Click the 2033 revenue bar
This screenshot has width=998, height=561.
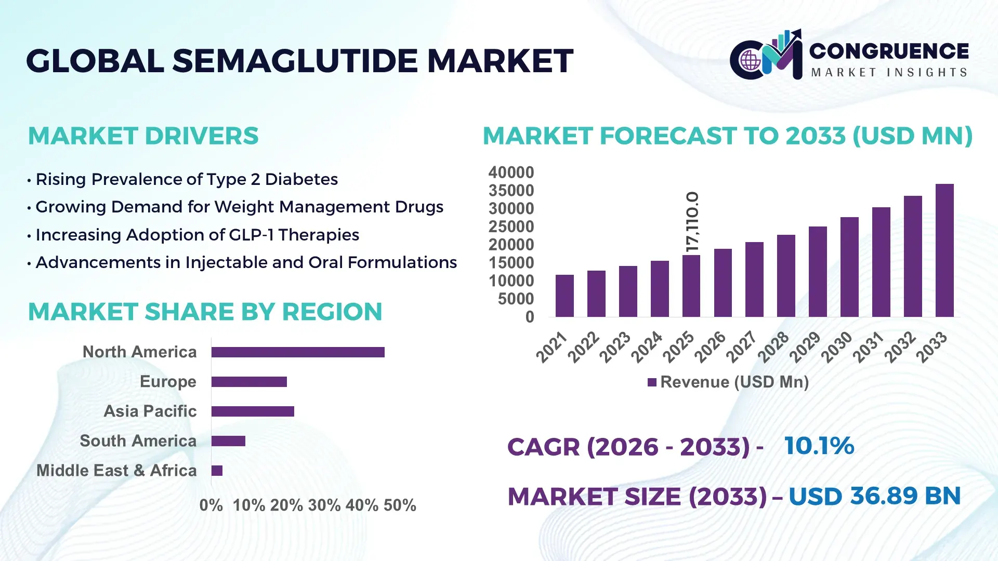point(944,250)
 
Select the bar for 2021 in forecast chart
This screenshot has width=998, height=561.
point(564,296)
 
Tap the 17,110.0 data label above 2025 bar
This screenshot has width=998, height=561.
point(692,222)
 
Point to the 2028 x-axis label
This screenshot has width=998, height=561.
point(773,347)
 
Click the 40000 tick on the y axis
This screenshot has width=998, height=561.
point(511,172)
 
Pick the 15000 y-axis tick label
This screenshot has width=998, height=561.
point(511,263)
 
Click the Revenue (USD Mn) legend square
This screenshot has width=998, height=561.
point(652,382)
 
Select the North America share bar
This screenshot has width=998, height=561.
point(298,352)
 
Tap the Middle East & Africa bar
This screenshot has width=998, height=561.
point(217,471)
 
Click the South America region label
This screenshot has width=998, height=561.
point(138,441)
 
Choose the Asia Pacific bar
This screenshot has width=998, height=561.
point(253,411)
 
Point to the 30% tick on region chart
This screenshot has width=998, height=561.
point(324,505)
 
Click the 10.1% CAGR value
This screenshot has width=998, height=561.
point(819,446)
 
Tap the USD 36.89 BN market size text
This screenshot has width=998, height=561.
point(874,496)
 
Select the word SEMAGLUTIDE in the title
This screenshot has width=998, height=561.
point(295,61)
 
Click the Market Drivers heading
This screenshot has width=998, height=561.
point(143,136)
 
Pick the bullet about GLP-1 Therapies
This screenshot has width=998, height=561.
point(197,235)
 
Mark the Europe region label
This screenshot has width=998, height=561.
point(168,382)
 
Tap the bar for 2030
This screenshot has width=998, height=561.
point(849,267)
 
